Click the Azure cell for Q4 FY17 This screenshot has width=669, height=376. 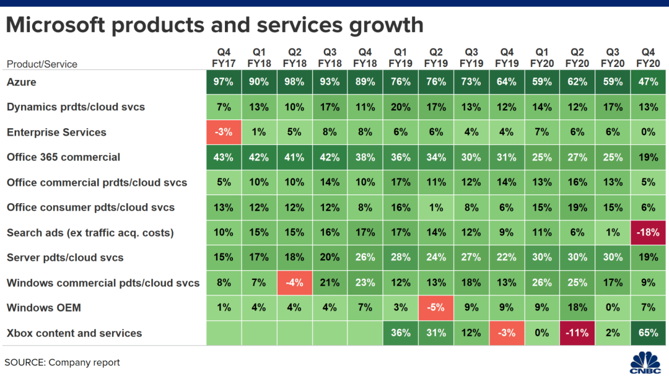click(224, 82)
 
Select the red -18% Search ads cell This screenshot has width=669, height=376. click(648, 233)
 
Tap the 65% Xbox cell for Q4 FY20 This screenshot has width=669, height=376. click(648, 333)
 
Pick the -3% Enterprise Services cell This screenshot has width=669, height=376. click(224, 133)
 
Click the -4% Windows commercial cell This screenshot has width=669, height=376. click(294, 283)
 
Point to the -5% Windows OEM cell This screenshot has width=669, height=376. click(436, 308)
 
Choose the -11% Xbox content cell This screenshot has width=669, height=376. click(577, 333)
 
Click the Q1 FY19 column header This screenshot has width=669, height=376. click(401, 58)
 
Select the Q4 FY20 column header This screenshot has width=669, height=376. click(648, 58)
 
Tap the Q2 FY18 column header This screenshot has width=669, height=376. click(294, 58)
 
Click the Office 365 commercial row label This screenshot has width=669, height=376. click(63, 157)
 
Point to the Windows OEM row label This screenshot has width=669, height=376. click(44, 308)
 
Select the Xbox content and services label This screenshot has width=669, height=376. click(74, 333)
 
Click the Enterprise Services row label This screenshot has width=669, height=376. click(56, 133)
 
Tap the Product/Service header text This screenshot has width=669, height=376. click(42, 64)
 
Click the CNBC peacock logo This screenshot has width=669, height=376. click(645, 361)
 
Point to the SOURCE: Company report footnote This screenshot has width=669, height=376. click(62, 362)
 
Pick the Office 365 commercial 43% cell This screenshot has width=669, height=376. click(224, 157)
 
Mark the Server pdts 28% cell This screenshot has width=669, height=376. click(401, 258)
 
